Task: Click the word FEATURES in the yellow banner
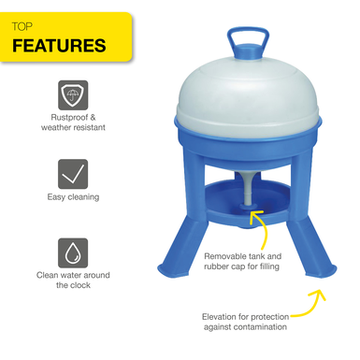tap(59, 46)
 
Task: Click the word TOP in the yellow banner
tap(22, 27)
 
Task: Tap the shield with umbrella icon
tap(73, 95)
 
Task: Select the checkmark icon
tap(73, 174)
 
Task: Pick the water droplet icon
tap(73, 252)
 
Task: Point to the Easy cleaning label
tap(73, 197)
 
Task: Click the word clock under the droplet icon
tap(79, 285)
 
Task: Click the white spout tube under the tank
tap(248, 189)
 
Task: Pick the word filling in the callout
tap(270, 266)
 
